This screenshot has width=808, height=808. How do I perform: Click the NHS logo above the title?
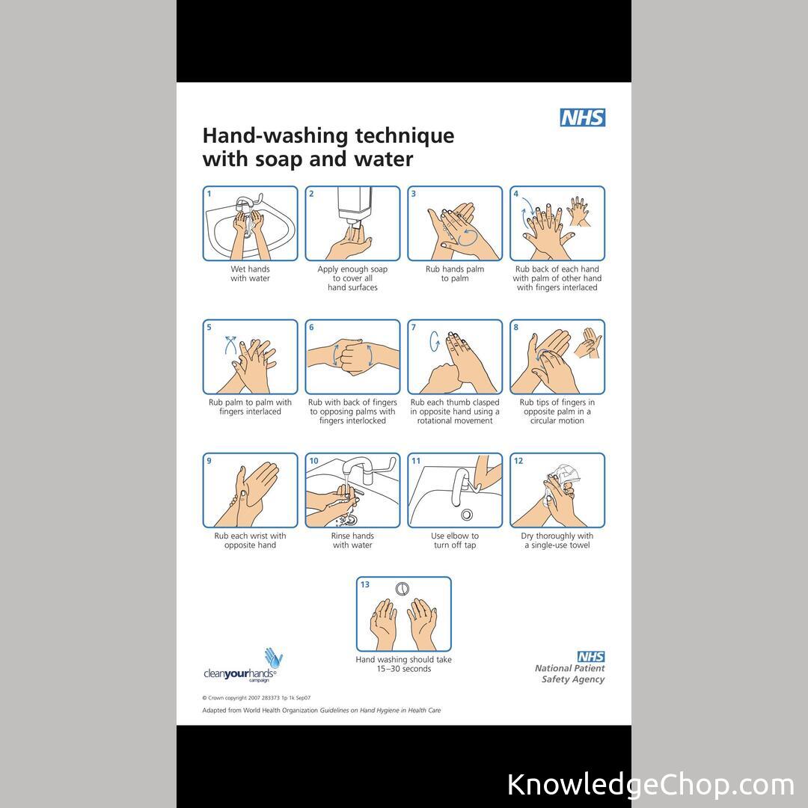[582, 117]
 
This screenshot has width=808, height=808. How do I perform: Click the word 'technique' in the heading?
[405, 136]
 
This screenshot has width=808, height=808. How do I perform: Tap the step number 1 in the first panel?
[209, 194]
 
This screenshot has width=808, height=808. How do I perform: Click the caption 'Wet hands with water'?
[250, 274]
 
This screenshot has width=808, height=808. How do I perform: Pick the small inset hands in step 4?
[578, 211]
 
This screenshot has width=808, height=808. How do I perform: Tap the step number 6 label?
[311, 327]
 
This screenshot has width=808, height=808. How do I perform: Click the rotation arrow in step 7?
[435, 341]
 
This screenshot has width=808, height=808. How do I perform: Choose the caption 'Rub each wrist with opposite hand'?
[250, 541]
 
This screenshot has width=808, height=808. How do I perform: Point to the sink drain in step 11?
[467, 514]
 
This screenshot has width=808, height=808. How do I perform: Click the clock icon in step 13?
[403, 589]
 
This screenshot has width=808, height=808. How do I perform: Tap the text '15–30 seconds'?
[403, 669]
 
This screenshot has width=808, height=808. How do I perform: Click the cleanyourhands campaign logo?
[242, 666]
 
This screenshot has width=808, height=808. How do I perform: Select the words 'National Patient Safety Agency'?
[570, 673]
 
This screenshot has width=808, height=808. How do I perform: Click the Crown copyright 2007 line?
[256, 698]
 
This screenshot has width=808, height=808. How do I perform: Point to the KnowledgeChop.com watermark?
[651, 785]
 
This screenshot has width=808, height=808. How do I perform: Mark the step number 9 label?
[209, 461]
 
